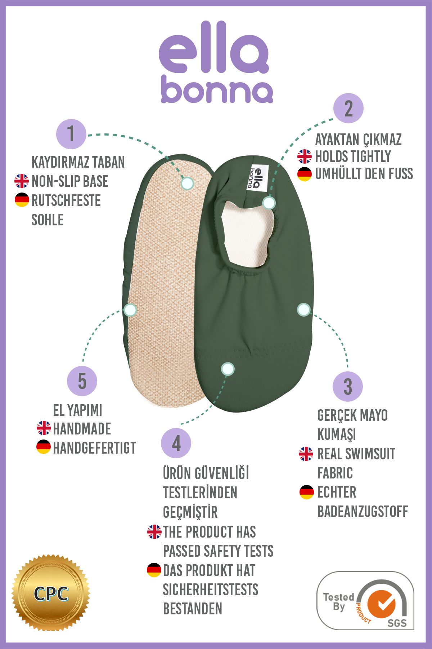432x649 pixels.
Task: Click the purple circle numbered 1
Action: click(71, 134)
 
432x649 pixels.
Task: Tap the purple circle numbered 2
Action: click(348, 108)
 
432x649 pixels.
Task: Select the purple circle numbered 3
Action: click(347, 386)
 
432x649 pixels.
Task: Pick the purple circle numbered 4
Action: click(176, 443)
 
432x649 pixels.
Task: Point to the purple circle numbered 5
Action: click(82, 381)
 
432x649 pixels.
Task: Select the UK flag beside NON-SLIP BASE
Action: click(22, 181)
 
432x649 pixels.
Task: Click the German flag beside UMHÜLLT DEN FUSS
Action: click(305, 174)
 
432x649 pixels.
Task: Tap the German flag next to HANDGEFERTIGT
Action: click(44, 447)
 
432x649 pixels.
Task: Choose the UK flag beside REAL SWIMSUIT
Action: click(306, 454)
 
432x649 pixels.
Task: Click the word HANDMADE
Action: click(82, 429)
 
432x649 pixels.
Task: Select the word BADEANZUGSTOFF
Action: click(363, 511)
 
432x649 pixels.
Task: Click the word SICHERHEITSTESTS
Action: click(211, 590)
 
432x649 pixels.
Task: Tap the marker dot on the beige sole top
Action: click(187, 183)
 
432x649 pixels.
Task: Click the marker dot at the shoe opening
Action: click(269, 203)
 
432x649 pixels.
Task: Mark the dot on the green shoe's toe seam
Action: click(228, 369)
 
